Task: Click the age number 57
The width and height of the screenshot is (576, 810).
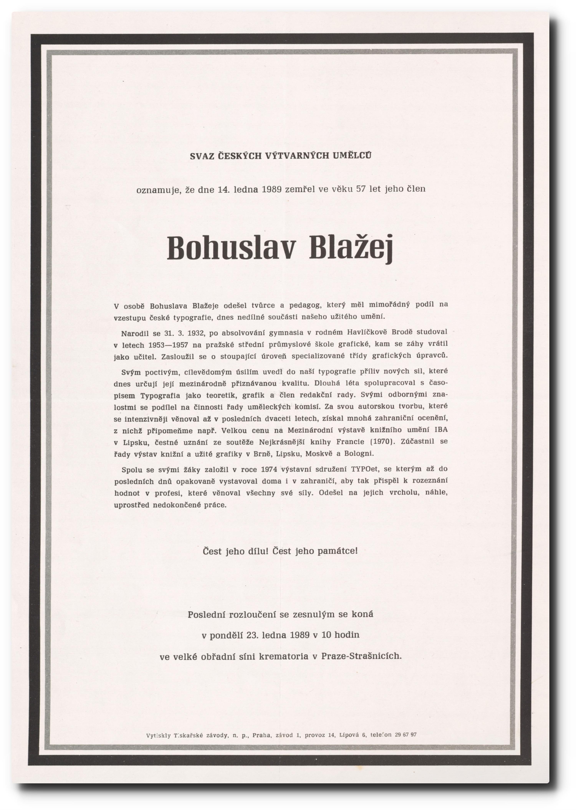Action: click(361, 189)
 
